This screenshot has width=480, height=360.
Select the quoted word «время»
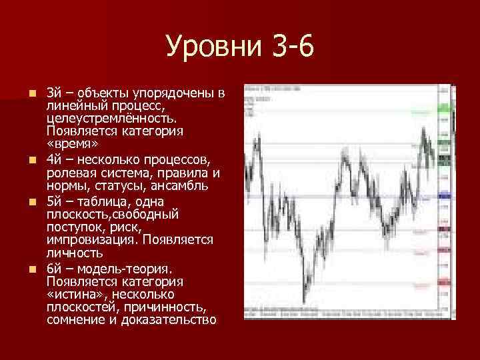coord(73,144)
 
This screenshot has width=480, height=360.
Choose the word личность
coord(75,253)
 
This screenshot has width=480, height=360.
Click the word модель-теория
coord(126,269)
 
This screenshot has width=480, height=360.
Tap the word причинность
coord(168,307)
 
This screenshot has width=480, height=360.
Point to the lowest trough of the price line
coord(304,301)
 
